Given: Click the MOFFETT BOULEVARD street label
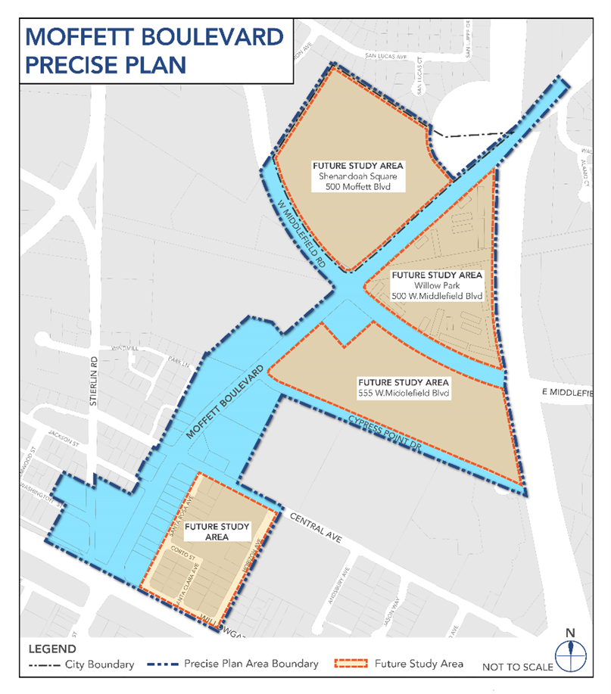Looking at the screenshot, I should pyautogui.click(x=226, y=403).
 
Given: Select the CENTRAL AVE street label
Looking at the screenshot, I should pyautogui.click(x=315, y=528).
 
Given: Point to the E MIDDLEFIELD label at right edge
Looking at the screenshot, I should pyautogui.click(x=575, y=393).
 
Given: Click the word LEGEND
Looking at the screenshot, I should pyautogui.click(x=51, y=649).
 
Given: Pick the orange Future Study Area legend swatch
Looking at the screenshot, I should pyautogui.click(x=351, y=664).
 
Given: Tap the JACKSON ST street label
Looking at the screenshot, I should pyautogui.click(x=64, y=438).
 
